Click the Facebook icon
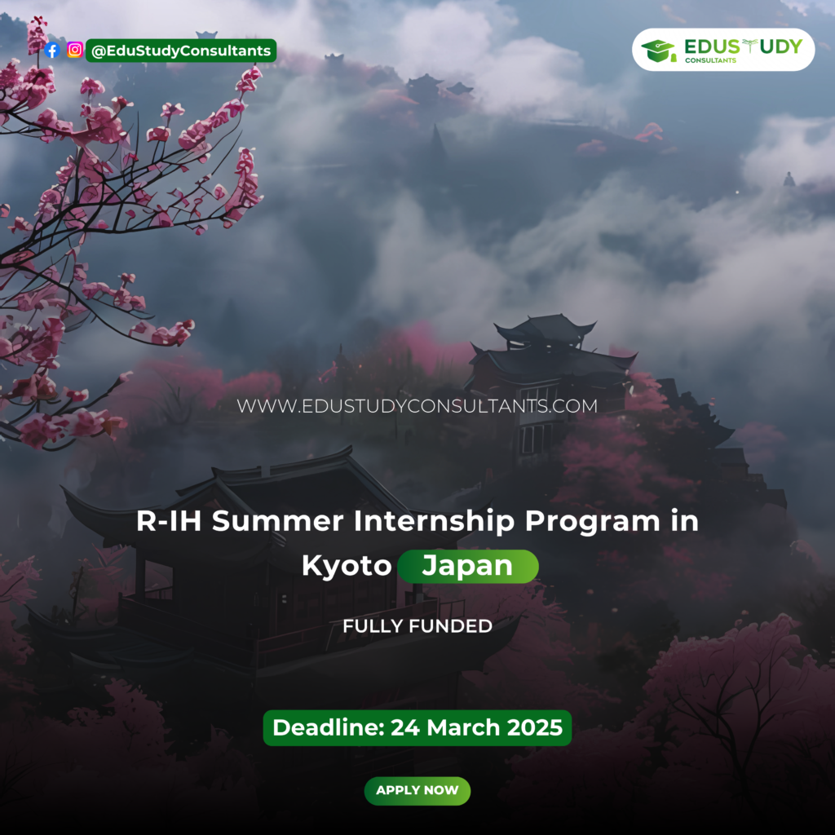tap(52, 51)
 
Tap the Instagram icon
tap(75, 50)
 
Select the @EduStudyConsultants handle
tap(181, 51)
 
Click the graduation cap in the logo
tap(658, 51)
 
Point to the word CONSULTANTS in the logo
tap(710, 60)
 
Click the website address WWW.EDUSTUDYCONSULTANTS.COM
tap(417, 406)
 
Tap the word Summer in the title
tap(277, 521)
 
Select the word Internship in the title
tap(434, 521)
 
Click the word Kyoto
tap(347, 566)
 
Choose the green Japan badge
tap(468, 566)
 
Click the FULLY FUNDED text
tap(417, 626)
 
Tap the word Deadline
tap(329, 727)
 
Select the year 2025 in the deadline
tap(534, 727)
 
